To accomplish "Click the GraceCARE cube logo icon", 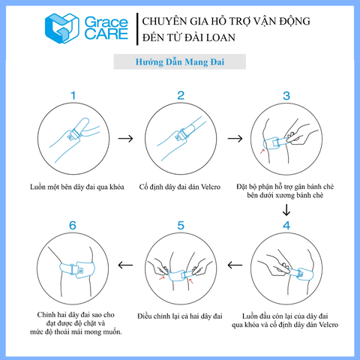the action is [62, 28].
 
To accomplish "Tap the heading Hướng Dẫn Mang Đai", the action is [180, 62].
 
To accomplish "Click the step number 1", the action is [73, 95].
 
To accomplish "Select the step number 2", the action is [181, 95].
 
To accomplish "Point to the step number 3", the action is [286, 96].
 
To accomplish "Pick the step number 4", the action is [286, 226].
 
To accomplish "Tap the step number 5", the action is [181, 226].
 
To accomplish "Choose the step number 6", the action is [73, 226].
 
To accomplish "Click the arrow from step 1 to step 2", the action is [125, 138].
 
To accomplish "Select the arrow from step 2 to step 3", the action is [235, 138].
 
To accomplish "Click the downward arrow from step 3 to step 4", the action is [286, 210].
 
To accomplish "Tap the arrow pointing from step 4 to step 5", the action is [235, 265].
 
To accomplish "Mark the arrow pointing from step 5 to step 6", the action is [125, 265].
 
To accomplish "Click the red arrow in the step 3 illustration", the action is [262, 151].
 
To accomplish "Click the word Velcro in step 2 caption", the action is [211, 187].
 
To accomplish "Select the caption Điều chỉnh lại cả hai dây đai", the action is [180, 316].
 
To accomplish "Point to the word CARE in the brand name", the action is [106, 34].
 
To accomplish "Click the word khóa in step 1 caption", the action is [117, 187].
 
